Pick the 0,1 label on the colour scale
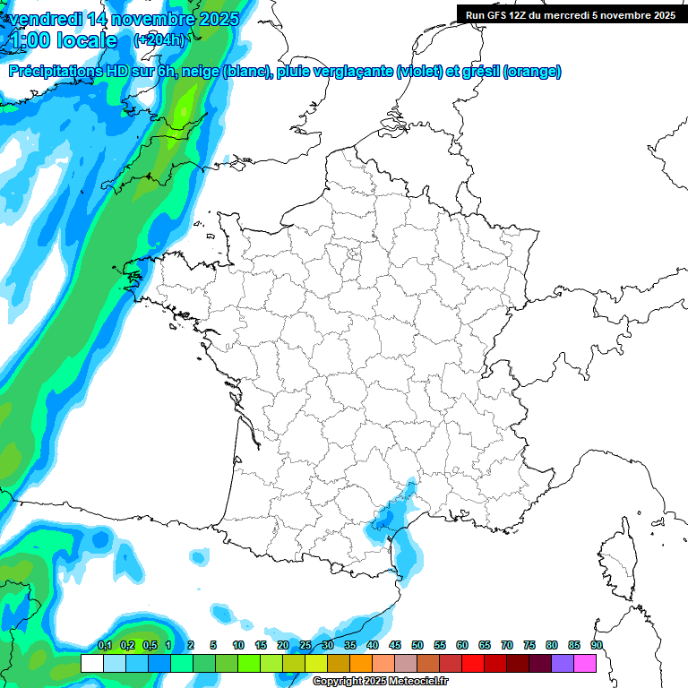click(x=105, y=646)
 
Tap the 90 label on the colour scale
click(x=596, y=646)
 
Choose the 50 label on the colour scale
click(x=417, y=646)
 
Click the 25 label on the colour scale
click(x=305, y=646)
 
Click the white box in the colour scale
click(x=91, y=663)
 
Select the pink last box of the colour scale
click(x=585, y=663)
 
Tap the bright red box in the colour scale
click(x=473, y=663)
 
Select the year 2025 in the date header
click(x=213, y=19)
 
